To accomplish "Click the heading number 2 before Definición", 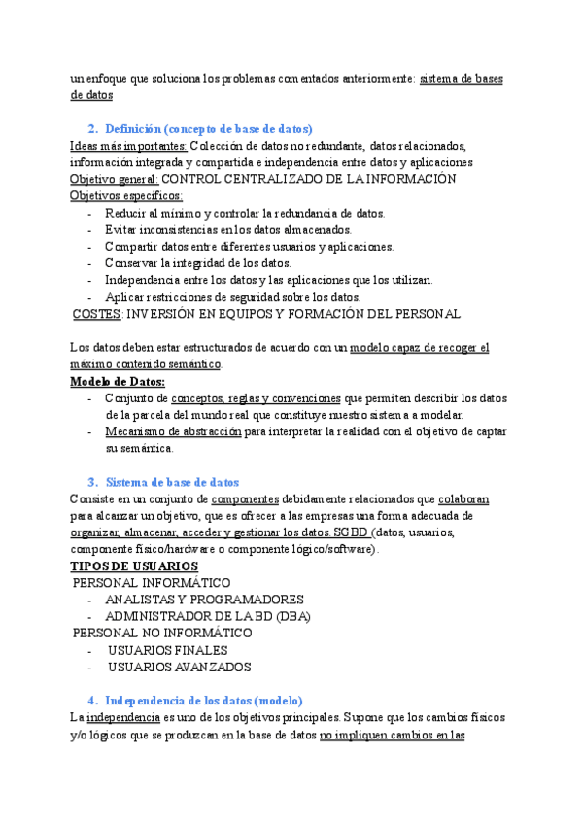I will click(x=91, y=128).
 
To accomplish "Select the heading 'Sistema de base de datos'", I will click(x=172, y=482).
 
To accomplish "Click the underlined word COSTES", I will click(x=97, y=314).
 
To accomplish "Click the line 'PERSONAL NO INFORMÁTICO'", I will click(x=163, y=633).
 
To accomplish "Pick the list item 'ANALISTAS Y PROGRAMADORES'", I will click(x=204, y=600).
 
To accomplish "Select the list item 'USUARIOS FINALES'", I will click(x=168, y=650).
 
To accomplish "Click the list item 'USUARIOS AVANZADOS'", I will click(x=180, y=668).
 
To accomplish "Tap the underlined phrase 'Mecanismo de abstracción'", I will click(x=173, y=431).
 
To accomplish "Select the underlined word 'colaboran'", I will click(x=464, y=498).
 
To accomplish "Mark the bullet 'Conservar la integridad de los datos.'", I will click(x=198, y=263).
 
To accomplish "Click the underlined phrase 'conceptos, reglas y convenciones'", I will click(x=256, y=398).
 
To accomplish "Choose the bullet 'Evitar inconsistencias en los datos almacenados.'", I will click(x=228, y=229).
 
